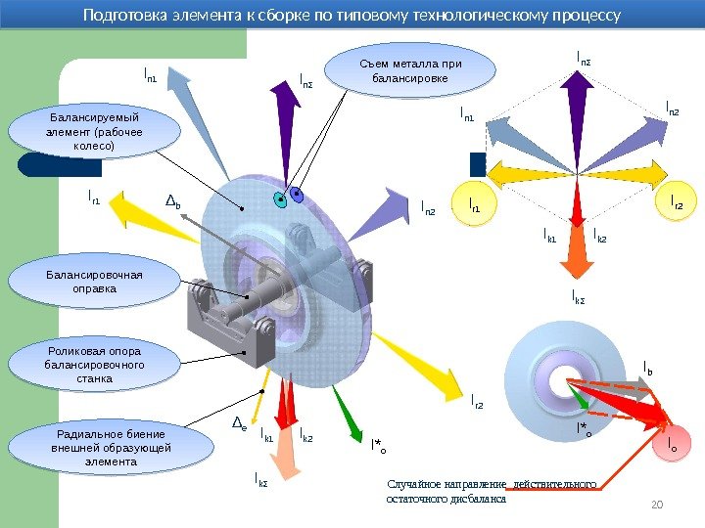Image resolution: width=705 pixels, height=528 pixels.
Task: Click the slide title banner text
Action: pyautogui.click(x=352, y=16)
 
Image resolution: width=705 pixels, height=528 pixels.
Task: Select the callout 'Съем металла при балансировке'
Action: pyautogui.click(x=409, y=71)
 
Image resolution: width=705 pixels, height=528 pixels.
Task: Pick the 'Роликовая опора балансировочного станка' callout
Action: pyautogui.click(x=94, y=364)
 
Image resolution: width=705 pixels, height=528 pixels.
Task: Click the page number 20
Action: pyautogui.click(x=657, y=504)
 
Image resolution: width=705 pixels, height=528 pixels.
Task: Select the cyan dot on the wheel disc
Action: pyautogui.click(x=281, y=201)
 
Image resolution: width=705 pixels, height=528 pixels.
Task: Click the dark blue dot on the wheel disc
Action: pyautogui.click(x=298, y=196)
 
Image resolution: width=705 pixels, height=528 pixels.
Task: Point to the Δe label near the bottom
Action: pyautogui.click(x=238, y=424)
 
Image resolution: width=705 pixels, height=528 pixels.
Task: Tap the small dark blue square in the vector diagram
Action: pyautogui.click(x=478, y=163)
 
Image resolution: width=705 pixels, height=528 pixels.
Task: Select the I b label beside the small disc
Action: pyautogui.click(x=648, y=368)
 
